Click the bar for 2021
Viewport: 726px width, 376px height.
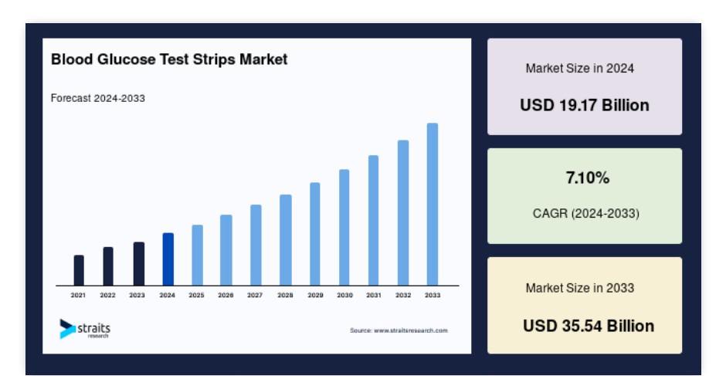[79, 270]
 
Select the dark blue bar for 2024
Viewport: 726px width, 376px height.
[168, 259]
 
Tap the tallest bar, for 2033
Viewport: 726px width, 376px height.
[433, 204]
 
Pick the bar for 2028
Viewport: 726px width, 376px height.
[286, 240]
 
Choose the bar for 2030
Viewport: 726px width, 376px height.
[344, 227]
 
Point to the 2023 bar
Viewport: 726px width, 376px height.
[139, 264]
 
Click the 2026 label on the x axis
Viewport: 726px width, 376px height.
[226, 295]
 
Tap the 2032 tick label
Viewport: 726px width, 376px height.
[403, 295]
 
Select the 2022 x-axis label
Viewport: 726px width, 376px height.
[108, 295]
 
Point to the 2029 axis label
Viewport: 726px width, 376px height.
[315, 295]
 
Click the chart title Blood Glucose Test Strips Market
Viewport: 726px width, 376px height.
[169, 59]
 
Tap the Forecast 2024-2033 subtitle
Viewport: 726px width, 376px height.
[97, 98]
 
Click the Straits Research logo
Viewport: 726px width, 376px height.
[85, 329]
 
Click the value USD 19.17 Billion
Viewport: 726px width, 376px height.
[585, 105]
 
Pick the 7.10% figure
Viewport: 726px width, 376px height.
[588, 178]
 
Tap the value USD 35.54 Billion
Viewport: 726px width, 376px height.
[589, 326]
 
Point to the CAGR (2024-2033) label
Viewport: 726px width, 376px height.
[586, 213]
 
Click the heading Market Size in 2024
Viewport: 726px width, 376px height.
[580, 69]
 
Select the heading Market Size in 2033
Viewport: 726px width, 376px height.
[580, 288]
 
